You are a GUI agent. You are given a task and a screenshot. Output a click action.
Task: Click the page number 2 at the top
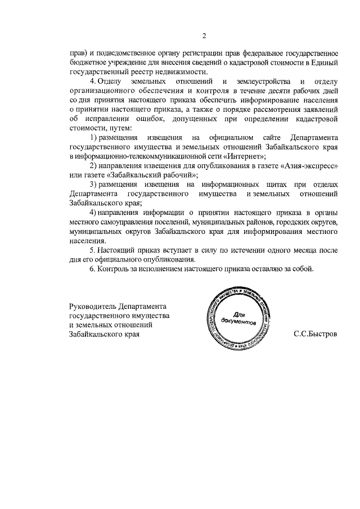tap(204, 37)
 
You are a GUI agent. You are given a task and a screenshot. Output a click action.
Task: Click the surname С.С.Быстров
tap(316, 334)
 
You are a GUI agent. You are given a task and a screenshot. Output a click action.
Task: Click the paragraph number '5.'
tap(93, 250)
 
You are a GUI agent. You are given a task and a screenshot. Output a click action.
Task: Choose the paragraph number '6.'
tap(93, 268)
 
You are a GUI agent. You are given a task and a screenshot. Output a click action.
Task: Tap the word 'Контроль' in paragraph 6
tap(114, 268)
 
